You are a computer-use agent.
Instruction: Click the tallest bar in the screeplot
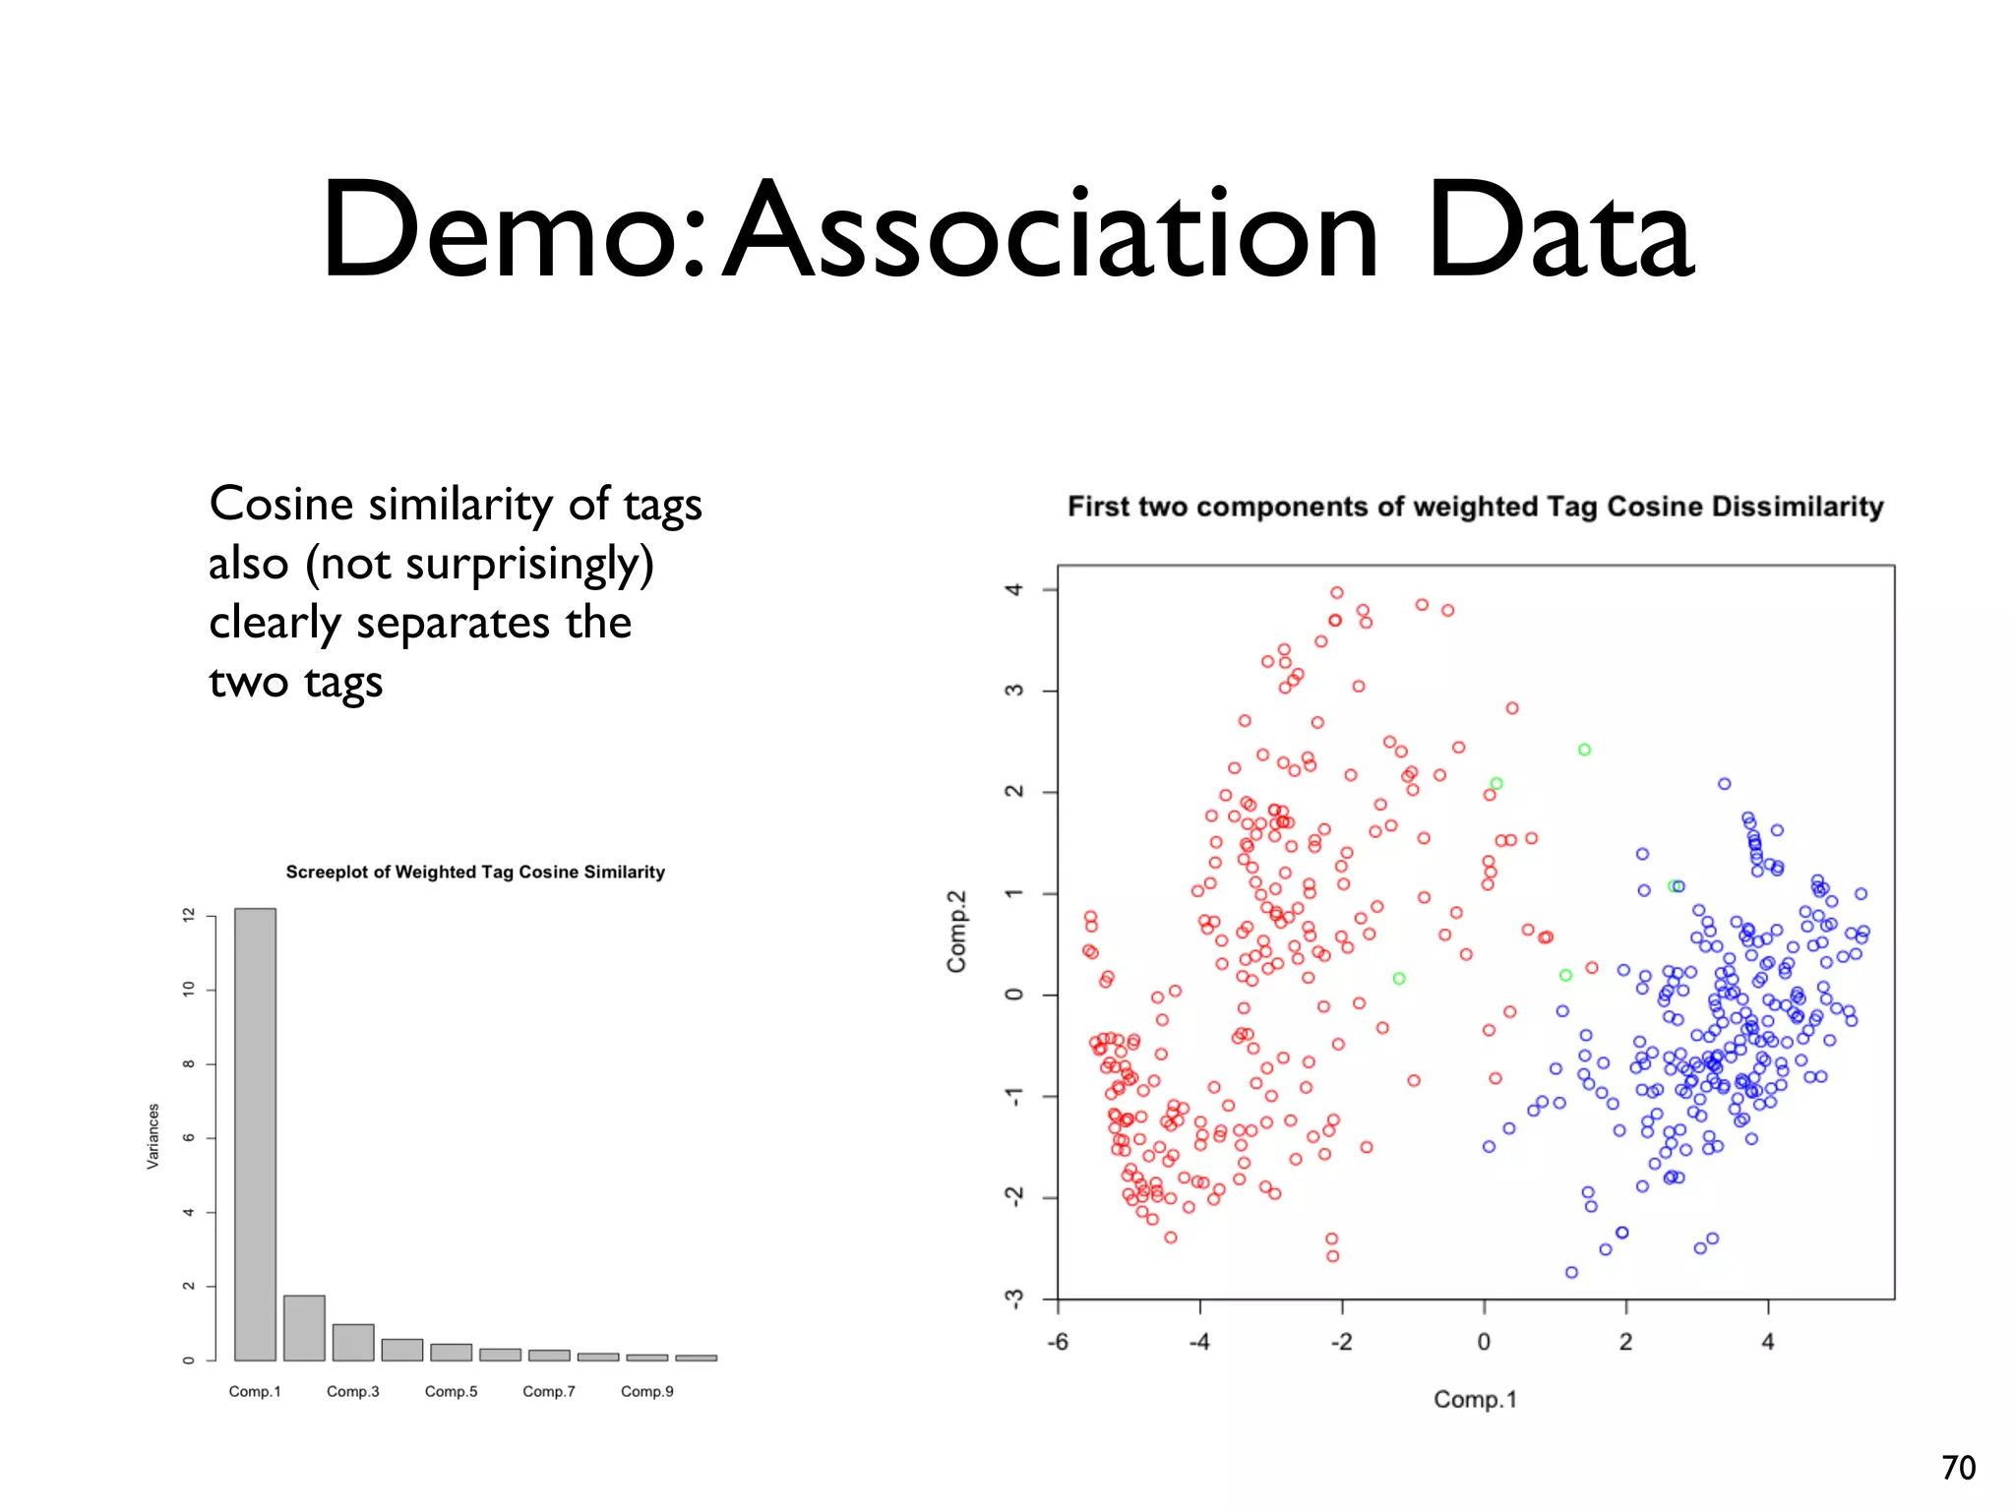point(255,1131)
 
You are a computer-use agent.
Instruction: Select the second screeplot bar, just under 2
point(304,1328)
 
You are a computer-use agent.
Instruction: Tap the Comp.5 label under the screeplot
point(451,1391)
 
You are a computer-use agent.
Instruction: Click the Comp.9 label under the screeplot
point(646,1391)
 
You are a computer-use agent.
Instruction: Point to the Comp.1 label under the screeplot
point(255,1391)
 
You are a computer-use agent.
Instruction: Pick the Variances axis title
point(153,1136)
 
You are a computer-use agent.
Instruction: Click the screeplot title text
point(475,872)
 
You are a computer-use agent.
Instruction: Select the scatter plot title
point(1475,507)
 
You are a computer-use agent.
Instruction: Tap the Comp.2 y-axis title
point(956,931)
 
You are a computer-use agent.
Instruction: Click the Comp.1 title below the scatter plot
point(1475,1399)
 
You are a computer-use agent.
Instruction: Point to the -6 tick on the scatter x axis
point(1058,1342)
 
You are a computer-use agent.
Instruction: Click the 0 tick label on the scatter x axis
point(1484,1342)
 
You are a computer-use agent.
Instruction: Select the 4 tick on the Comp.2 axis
point(1013,589)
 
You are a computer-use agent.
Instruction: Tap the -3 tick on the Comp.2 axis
point(1013,1299)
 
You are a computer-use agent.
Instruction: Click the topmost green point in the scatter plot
point(1584,750)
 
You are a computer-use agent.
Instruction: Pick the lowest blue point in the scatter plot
point(1571,1272)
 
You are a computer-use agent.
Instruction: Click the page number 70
point(1958,1468)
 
